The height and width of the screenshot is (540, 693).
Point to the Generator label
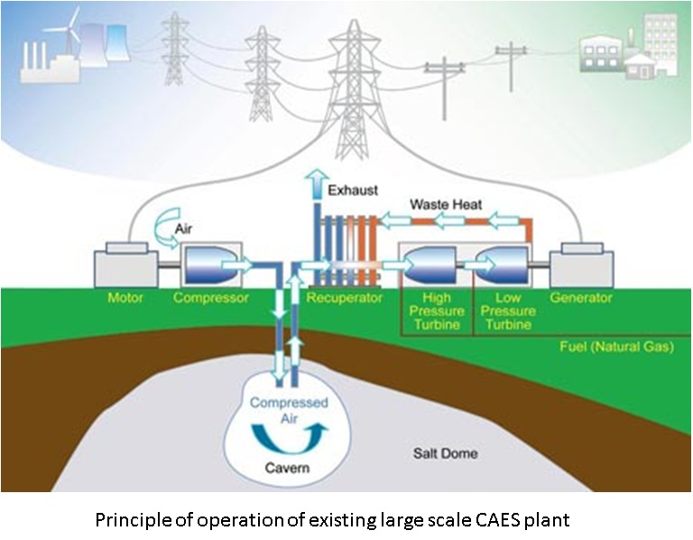(x=581, y=298)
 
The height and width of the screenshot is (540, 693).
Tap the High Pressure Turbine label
(x=434, y=310)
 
